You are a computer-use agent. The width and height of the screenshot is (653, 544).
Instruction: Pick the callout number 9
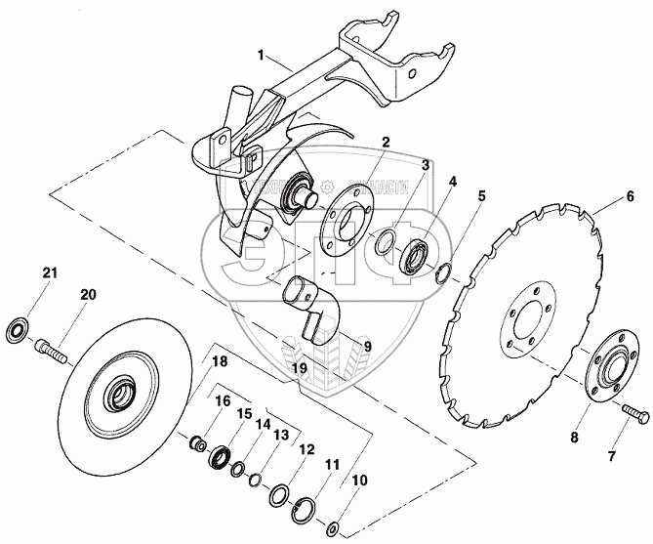click(x=368, y=345)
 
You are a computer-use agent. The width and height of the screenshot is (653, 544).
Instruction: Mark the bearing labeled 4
click(x=418, y=256)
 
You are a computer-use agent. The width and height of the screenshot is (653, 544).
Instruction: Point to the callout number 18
click(x=219, y=360)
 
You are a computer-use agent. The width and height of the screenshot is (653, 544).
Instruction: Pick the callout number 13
click(x=280, y=435)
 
